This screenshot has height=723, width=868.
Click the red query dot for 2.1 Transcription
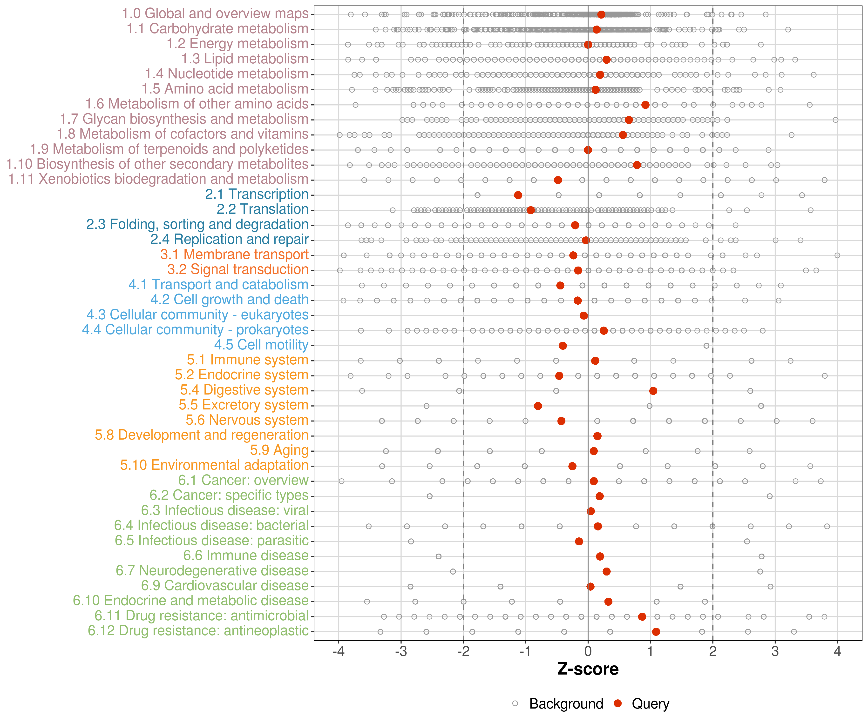coord(518,195)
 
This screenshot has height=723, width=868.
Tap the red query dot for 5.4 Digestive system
coord(653,391)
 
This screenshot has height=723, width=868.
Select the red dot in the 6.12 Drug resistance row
coord(656,632)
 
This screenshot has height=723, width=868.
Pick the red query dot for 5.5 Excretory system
coord(538,406)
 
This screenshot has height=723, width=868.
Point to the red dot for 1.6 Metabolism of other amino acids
coord(645,105)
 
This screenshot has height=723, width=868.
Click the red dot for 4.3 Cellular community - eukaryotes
coord(584,316)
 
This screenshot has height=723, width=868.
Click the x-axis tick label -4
coord(339,651)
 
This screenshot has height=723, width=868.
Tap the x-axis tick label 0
coord(588,651)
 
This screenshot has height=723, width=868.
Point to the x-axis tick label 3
coord(775,651)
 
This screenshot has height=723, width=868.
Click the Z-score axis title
coord(588,669)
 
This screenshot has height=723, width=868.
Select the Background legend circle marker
coord(515,703)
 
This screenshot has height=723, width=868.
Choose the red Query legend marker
coord(618,703)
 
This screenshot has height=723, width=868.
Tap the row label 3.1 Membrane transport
coord(234,254)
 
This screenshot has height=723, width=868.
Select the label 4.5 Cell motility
coord(261,345)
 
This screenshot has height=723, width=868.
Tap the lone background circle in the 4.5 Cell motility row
coord(706,346)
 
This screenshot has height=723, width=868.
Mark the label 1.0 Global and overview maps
coord(215,14)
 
